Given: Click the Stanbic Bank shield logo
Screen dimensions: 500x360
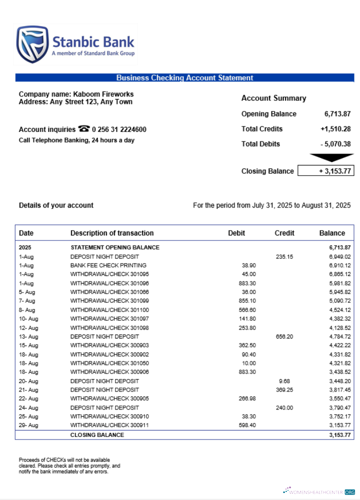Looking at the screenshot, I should (x=32, y=44).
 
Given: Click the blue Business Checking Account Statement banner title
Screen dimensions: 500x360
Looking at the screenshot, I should (x=184, y=77).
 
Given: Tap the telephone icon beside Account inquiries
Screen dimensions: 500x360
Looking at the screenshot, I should (x=83, y=129).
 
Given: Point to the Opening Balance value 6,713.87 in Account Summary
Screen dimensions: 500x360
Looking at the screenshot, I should (x=337, y=114).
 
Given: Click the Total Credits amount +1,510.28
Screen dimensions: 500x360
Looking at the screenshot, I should (x=335, y=129).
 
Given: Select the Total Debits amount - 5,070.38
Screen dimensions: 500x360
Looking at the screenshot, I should (x=335, y=144).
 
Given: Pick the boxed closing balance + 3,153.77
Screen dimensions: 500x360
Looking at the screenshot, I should (x=325, y=171).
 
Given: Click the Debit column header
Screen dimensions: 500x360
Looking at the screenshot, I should (x=236, y=233).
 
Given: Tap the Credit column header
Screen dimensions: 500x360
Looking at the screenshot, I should (x=284, y=233).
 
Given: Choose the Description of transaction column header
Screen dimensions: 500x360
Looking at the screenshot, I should (x=112, y=233).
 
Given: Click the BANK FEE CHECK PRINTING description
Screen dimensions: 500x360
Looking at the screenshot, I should (x=108, y=265).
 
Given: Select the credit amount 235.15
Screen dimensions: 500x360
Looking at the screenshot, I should (x=284, y=256).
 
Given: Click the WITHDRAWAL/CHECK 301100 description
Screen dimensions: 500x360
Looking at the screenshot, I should (x=106, y=310).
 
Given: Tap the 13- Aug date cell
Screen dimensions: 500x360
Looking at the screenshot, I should (x=28, y=336).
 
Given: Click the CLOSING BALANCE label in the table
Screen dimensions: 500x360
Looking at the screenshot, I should (x=97, y=435).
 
